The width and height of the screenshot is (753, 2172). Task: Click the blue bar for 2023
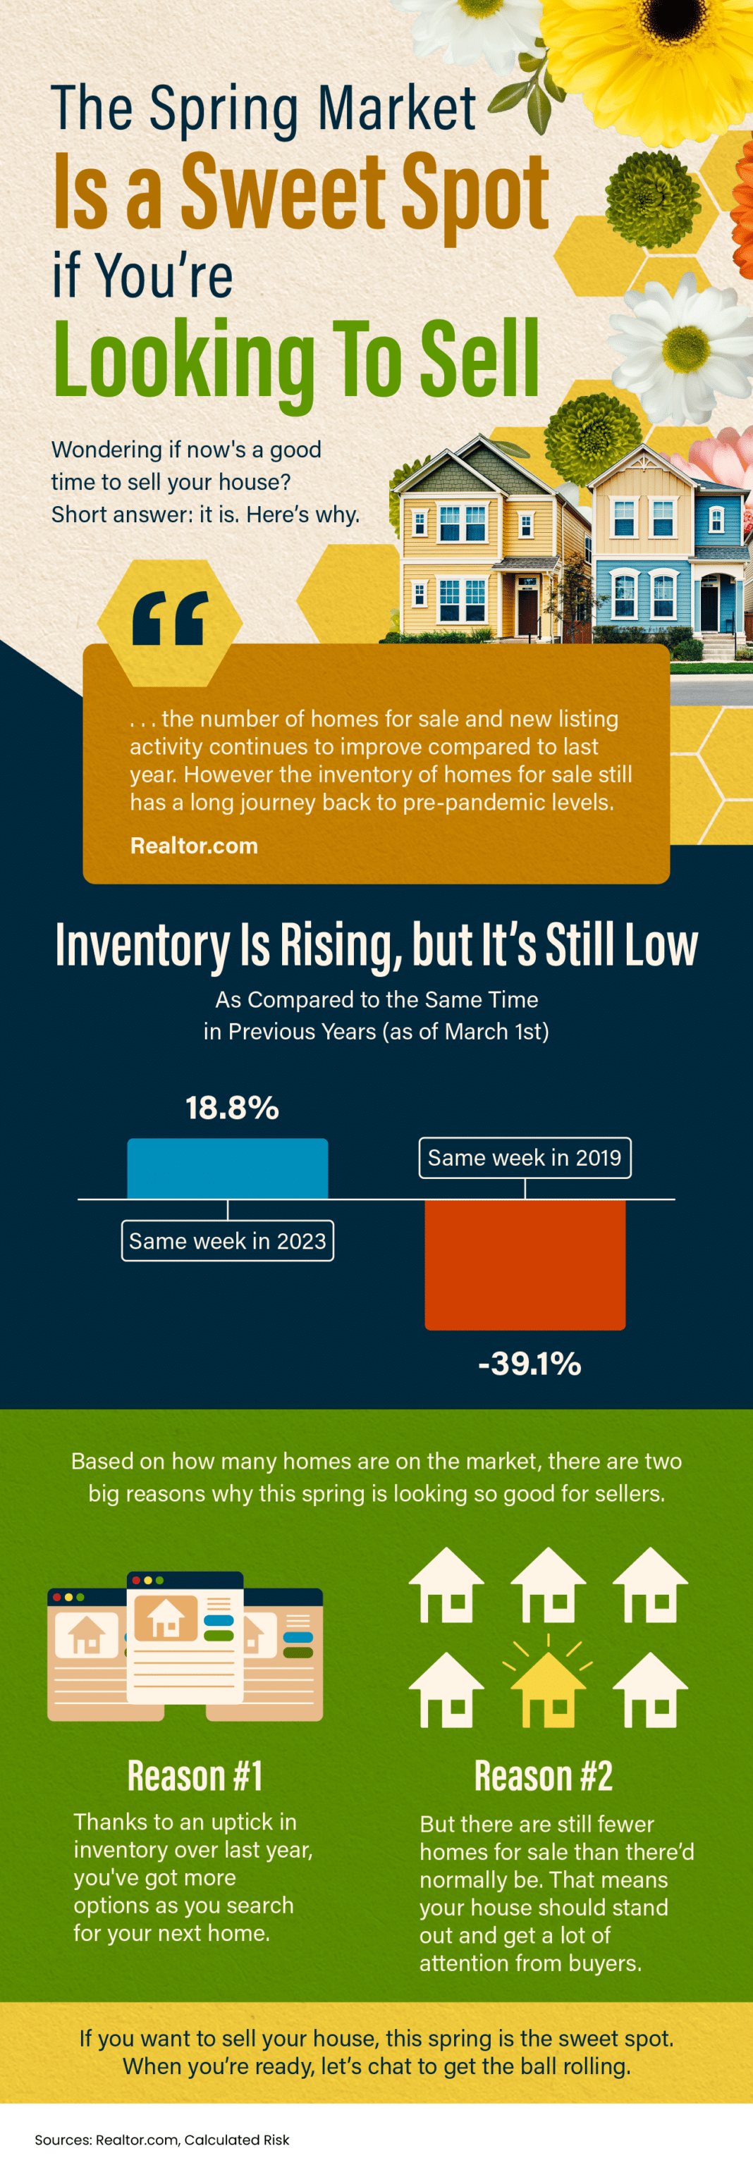tap(228, 1168)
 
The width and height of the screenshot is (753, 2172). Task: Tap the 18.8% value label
tap(232, 1108)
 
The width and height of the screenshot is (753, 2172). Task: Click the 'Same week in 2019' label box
tap(525, 1158)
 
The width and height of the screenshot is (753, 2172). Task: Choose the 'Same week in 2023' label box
tap(228, 1241)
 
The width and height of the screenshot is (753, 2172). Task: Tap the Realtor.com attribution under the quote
tap(194, 846)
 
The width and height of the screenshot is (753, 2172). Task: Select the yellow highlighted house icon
tap(548, 1691)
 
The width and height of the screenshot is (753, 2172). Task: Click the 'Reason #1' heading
tap(195, 1776)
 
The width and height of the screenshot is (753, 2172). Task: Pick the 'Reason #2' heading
tap(543, 1776)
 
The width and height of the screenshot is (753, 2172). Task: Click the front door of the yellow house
tap(528, 611)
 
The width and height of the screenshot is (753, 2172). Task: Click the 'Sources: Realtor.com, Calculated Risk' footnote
tap(162, 2139)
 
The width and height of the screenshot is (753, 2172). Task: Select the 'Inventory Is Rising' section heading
tap(376, 944)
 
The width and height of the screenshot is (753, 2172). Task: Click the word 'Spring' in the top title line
tap(224, 110)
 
